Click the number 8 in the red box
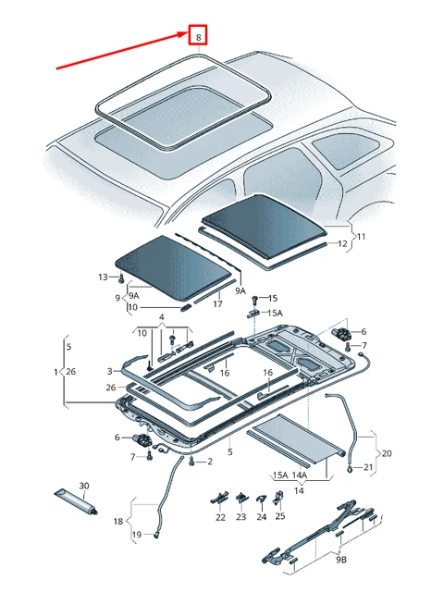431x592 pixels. [199, 37]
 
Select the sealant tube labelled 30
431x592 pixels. [77, 501]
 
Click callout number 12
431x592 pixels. [342, 243]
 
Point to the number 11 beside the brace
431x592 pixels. [362, 237]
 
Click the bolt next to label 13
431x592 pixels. [121, 279]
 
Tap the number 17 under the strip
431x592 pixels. [217, 303]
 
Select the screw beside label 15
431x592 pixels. [254, 300]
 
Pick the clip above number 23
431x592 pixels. [241, 499]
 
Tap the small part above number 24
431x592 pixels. [262, 499]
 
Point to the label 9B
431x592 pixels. [340, 559]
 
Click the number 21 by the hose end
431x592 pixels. [368, 467]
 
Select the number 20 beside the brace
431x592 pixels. [387, 453]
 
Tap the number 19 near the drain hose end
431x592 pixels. [136, 535]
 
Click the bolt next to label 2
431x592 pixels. [192, 460]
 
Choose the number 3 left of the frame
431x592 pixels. [109, 372]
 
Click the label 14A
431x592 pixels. [299, 475]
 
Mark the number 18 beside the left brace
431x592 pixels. [118, 522]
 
